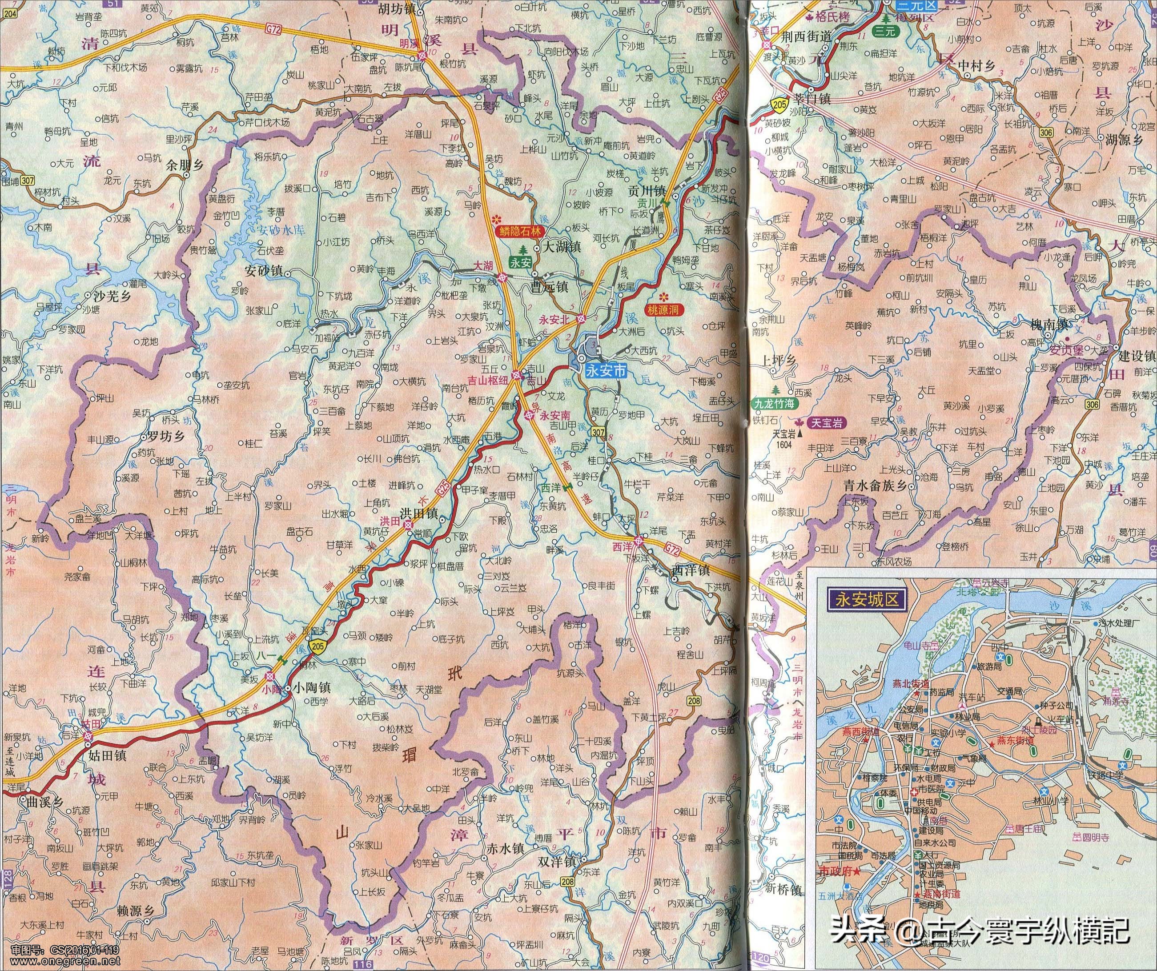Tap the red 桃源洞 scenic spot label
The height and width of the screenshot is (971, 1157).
click(x=665, y=310)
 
